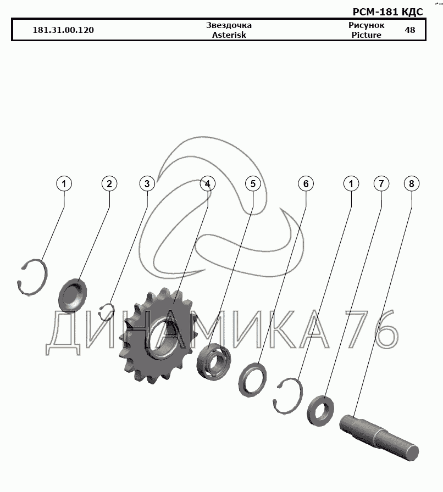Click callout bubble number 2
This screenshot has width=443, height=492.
109,183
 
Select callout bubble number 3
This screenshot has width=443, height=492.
147,183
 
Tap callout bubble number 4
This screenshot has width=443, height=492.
207,183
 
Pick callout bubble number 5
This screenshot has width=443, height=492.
253,183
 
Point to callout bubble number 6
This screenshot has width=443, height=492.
306,183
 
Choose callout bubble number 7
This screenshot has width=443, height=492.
381,183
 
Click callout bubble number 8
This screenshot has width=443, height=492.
412,183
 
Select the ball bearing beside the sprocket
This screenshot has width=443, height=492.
214,361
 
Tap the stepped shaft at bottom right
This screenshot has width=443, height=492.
380,438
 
